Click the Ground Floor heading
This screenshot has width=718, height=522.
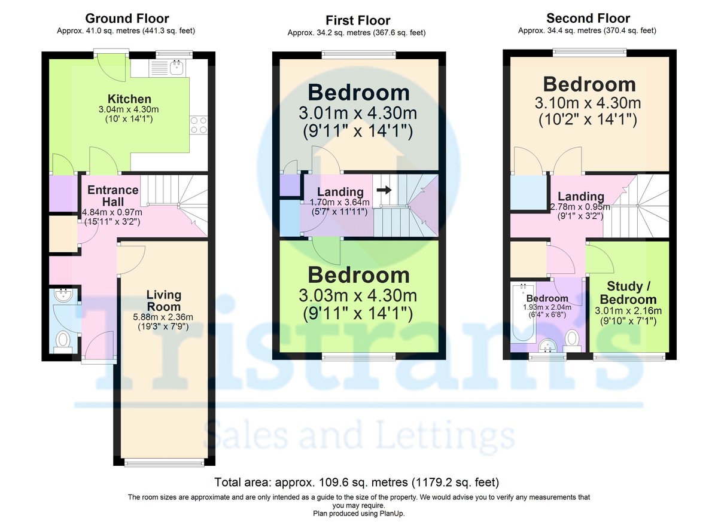click(x=127, y=19)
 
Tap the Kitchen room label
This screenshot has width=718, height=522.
click(x=129, y=99)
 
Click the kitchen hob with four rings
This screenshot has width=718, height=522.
click(x=199, y=124)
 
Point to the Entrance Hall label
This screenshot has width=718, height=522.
click(x=113, y=195)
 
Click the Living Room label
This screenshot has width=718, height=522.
click(x=163, y=301)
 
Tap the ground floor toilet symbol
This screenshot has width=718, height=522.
click(x=63, y=340)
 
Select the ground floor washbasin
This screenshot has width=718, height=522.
click(x=62, y=295)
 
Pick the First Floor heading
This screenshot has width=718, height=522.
click(x=358, y=21)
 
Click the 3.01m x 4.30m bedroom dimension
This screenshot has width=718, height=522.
click(x=358, y=114)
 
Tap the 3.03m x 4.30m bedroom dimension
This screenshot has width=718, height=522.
click(x=358, y=295)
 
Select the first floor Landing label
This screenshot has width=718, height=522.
click(x=340, y=192)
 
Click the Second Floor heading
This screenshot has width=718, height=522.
click(x=588, y=19)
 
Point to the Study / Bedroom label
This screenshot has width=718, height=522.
click(x=628, y=292)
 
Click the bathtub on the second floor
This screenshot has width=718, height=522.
click(x=522, y=318)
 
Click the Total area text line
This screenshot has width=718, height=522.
click(x=357, y=482)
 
